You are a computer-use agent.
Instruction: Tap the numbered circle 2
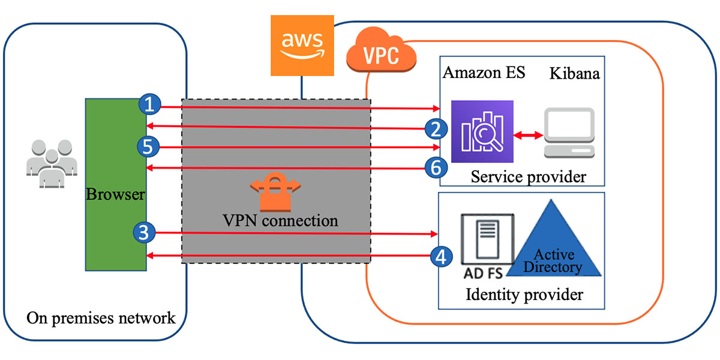(434, 128)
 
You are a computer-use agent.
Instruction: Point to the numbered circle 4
(441, 257)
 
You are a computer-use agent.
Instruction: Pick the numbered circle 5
(148, 146)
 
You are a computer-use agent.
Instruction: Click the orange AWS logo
(302, 46)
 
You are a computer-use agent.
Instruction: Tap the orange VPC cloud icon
(382, 55)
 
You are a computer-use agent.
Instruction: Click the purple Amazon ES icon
(483, 131)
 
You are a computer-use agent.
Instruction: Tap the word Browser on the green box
(116, 194)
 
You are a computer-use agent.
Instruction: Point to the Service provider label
(528, 177)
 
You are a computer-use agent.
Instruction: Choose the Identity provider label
(524, 295)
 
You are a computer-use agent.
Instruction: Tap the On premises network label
(101, 317)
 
